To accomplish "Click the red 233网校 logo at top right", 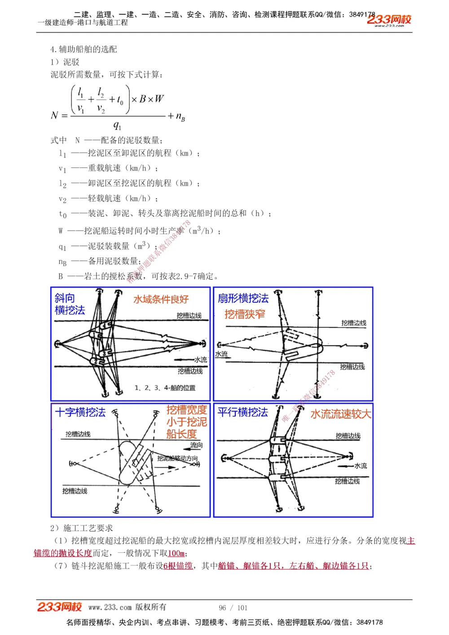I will tap(389, 19).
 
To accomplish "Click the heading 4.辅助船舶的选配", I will tap(84, 49).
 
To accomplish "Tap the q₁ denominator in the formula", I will tap(117, 126).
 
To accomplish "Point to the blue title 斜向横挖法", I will tap(70, 304).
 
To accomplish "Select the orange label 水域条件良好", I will tap(161, 299).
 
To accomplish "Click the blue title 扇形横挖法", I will tap(243, 298).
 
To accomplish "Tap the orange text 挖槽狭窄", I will tap(245, 314).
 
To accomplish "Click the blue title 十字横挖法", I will tap(80, 412).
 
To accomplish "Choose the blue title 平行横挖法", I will tap(242, 412).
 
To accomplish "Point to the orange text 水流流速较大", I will tap(341, 414).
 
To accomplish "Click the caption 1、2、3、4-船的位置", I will tap(165, 388).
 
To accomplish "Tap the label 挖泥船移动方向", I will tap(177, 458).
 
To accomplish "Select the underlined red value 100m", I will tap(176, 553).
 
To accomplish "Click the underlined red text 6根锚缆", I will tap(178, 566).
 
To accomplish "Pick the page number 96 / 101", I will tap(233, 608).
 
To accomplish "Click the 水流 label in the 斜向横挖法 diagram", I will tap(200, 360).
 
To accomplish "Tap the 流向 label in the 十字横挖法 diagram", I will tap(196, 445).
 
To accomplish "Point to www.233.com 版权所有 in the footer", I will tap(127, 607).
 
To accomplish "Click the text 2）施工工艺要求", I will tap(82, 528).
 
